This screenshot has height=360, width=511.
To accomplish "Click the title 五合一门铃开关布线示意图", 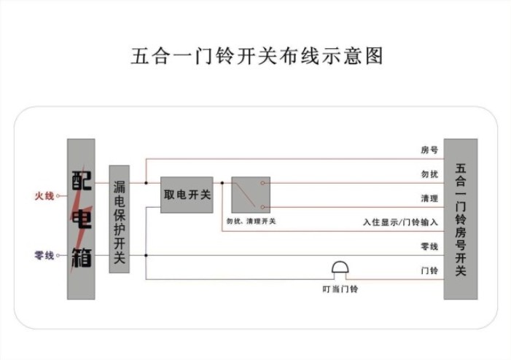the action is [257, 56].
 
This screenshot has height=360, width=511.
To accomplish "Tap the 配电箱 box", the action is [81, 219].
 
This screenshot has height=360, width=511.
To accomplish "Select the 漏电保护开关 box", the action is [120, 219].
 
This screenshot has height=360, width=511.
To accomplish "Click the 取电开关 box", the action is [187, 195].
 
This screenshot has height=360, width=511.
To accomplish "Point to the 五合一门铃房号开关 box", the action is [461, 219].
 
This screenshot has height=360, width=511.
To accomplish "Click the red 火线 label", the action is [44, 196].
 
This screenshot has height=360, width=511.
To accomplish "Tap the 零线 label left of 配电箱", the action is [44, 255].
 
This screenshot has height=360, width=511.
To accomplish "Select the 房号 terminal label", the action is [429, 150].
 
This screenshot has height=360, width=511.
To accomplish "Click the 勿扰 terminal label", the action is [429, 174].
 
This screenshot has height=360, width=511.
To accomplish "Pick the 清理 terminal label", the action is [429, 198].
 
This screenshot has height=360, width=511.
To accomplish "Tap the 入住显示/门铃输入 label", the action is [400, 222].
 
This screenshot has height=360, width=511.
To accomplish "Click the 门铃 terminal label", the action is [429, 270].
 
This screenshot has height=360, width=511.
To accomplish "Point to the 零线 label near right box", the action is [429, 246].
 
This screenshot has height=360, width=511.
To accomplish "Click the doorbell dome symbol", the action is [340, 267].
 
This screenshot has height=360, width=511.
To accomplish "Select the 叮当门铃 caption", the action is [340, 289].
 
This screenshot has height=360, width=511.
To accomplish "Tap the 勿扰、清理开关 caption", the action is [251, 221].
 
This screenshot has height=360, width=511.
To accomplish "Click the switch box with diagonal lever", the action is [251, 195].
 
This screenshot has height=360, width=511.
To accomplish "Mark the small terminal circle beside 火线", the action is [58, 196].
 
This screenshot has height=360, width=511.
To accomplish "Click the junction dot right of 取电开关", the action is [222, 183].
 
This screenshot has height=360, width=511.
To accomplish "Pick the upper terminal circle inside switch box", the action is [262, 183].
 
